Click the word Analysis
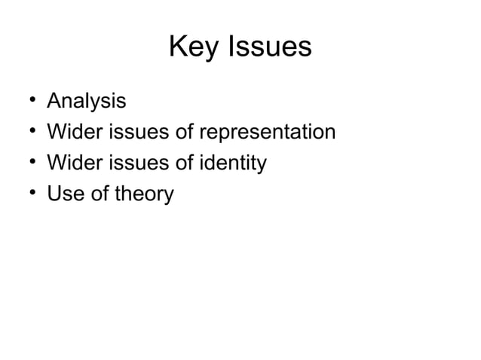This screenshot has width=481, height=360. click(87, 100)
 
